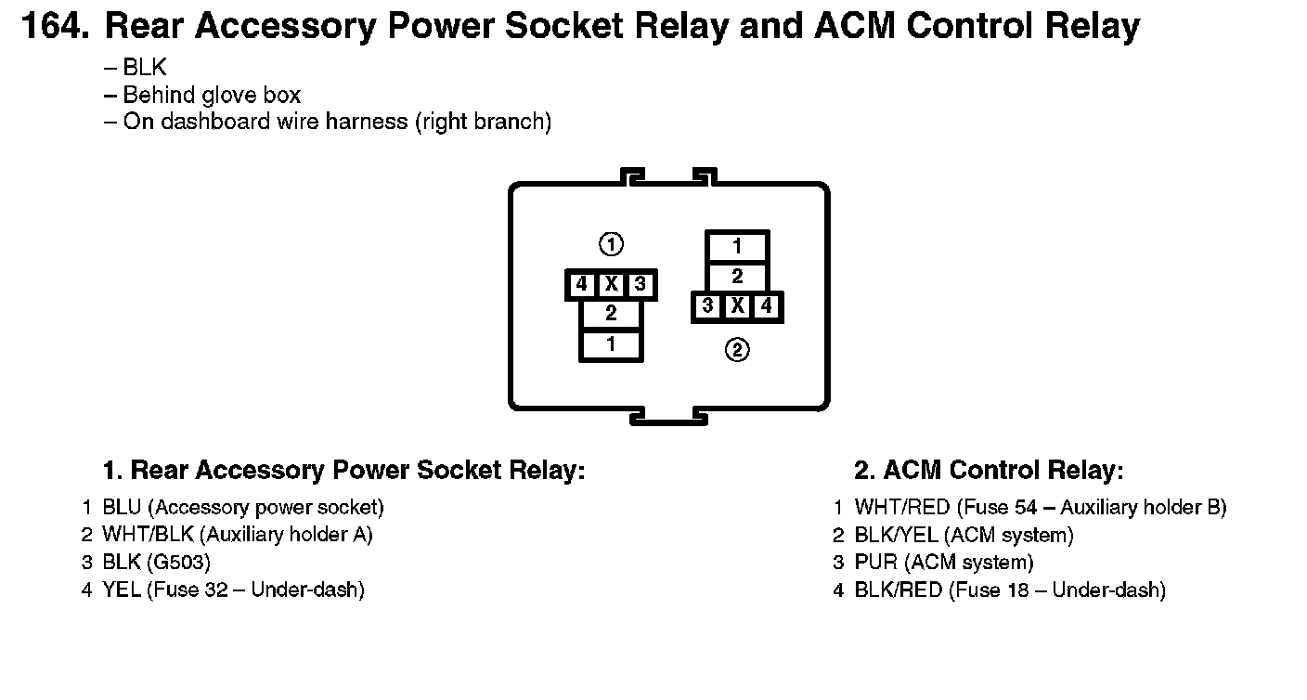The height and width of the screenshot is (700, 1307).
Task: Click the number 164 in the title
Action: tap(56, 26)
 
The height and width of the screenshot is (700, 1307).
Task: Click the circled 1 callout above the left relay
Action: tap(611, 244)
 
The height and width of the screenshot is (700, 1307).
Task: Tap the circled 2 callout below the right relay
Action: tap(737, 350)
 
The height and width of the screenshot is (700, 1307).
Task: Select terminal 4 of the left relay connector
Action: tap(581, 284)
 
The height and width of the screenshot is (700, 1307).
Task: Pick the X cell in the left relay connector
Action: tap(611, 284)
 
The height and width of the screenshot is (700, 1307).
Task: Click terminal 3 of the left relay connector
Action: tap(641, 284)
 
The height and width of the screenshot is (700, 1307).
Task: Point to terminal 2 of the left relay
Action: tap(611, 313)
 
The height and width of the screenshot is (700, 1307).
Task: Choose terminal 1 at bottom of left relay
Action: tap(611, 344)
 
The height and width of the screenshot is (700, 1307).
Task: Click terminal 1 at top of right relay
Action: tap(737, 247)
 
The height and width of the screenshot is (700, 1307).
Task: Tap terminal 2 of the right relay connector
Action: tap(737, 276)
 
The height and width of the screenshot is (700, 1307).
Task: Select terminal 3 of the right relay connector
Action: tap(707, 305)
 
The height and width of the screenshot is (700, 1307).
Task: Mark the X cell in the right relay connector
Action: tap(738, 305)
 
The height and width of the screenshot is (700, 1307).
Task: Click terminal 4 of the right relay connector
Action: tap(766, 305)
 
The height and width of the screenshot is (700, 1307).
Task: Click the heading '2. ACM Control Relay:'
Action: tap(989, 470)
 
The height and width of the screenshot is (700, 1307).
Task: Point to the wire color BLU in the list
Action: tap(122, 507)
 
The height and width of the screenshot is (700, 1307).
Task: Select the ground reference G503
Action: tap(178, 562)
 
